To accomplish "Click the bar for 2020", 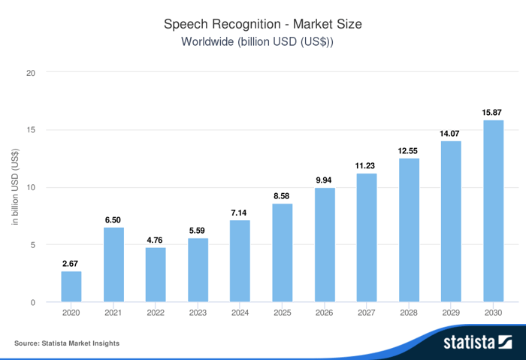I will tap(71, 286).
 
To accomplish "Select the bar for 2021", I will tap(113, 265).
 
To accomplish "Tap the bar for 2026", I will tap(325, 245).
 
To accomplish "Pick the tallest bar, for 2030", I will tap(493, 211).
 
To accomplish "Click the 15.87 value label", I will tap(493, 113).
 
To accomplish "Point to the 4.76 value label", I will tap(156, 241).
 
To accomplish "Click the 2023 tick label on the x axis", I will tap(198, 312).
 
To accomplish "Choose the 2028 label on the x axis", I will tap(409, 312).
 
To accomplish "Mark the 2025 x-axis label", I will tap(282, 312).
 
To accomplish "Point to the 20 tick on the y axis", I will tap(31, 73).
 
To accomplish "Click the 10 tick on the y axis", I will tap(31, 188).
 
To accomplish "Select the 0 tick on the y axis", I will tap(33, 303).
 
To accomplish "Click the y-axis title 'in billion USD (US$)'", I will tap(15, 188).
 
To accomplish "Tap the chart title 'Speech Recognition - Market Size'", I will tap(263, 24).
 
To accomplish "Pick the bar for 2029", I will tap(451, 222).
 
